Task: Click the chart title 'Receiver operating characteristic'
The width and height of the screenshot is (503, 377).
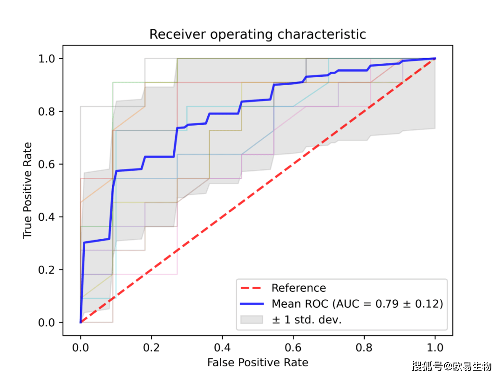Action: [x=258, y=34]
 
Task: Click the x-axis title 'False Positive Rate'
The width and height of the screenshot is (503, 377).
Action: [x=258, y=362]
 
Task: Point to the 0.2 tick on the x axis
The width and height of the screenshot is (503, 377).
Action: [x=151, y=347]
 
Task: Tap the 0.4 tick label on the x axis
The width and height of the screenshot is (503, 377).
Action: [x=222, y=347]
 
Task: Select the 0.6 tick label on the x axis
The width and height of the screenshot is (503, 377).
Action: [x=293, y=347]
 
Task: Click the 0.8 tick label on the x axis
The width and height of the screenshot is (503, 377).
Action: [x=364, y=347]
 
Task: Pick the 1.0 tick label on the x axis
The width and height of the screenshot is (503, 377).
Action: [x=435, y=347]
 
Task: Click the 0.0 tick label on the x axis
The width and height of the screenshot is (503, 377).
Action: [x=81, y=347]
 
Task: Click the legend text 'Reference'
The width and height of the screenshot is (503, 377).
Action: [x=299, y=288]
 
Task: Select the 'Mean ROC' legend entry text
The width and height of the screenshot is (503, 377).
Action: [x=357, y=304]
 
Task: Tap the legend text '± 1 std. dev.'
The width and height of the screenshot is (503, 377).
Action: [x=306, y=320]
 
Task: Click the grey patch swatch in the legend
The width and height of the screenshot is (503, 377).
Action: [x=252, y=320]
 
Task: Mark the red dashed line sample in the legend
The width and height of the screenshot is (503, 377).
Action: [x=252, y=288]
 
